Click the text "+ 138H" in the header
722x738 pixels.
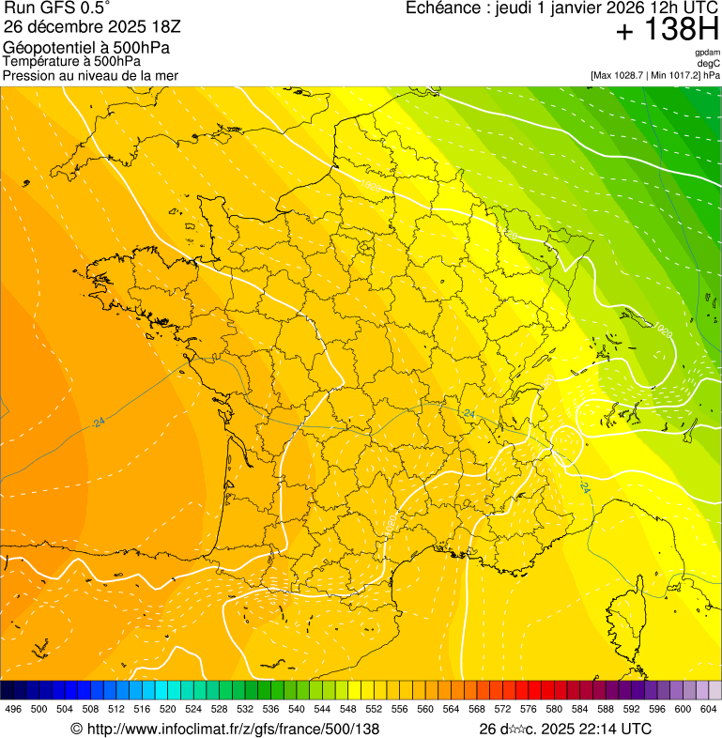(x=668, y=31)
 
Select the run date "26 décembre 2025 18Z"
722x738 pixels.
(x=92, y=26)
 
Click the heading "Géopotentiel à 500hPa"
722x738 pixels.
(x=86, y=48)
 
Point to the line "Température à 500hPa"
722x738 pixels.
(x=71, y=61)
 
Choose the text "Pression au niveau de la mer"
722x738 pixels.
(x=90, y=75)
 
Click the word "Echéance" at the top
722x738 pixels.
(x=441, y=8)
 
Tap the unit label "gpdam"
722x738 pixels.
(x=708, y=53)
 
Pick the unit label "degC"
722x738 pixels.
(x=709, y=63)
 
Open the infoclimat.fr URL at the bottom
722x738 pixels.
(x=225, y=729)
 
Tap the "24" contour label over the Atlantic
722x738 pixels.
(x=99, y=423)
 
